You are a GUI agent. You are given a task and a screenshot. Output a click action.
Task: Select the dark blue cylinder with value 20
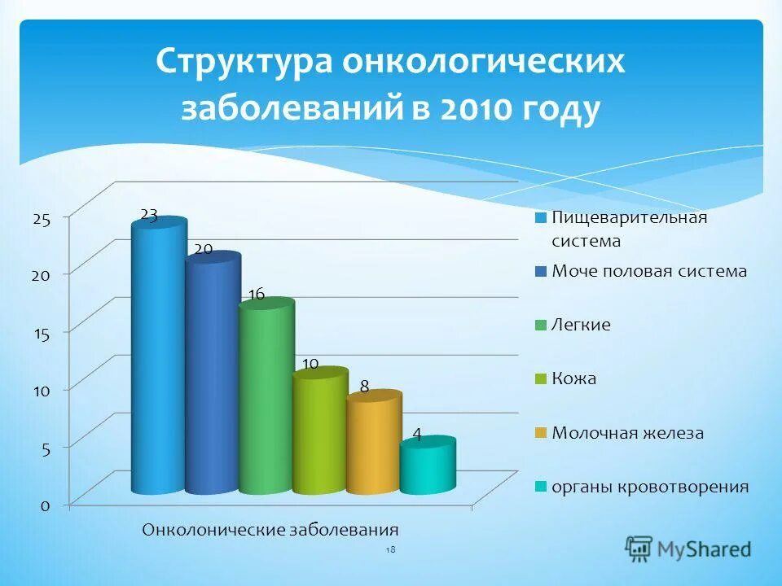[212, 374]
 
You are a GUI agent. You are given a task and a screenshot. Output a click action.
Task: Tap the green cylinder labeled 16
[266, 399]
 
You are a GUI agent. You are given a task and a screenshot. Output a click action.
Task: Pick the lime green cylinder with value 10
[319, 431]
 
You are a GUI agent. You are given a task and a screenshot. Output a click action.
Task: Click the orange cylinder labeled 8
[373, 444]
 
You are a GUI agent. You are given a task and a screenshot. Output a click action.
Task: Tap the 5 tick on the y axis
[46, 448]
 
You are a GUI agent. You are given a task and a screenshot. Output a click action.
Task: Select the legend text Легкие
[581, 325]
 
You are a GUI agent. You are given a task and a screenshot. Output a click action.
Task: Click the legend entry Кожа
[573, 379]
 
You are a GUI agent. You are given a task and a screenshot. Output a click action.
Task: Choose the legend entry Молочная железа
[627, 433]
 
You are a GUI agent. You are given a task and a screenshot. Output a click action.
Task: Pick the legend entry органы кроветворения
[649, 487]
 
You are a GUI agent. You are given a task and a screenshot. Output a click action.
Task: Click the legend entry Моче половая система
[648, 271]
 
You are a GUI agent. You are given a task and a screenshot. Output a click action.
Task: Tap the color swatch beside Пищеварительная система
[540, 218]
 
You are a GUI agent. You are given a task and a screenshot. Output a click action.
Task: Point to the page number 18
[390, 551]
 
